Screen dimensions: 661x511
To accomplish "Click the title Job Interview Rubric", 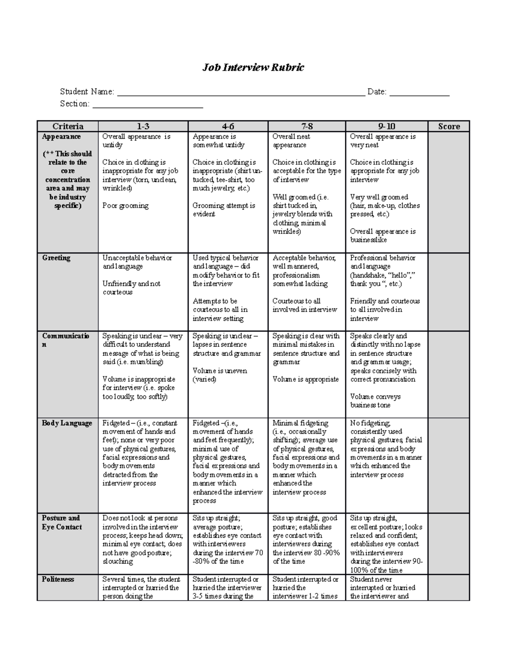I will (253, 67).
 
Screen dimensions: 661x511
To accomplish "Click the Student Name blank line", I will (241, 94).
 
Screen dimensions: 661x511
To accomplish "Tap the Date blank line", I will (419, 94).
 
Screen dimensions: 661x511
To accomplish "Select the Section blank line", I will (148, 106).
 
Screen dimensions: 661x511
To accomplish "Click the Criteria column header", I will (68, 126).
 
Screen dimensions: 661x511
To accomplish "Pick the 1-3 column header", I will (143, 126).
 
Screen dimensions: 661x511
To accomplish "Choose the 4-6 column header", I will (228, 126).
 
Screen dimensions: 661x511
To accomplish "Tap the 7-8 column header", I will (307, 126).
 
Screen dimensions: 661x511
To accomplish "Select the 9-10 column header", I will (387, 126).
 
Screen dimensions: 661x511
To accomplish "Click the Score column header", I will (449, 126).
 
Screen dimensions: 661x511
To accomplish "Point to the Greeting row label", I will (56, 258).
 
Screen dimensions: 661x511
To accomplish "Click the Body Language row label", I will (67, 423).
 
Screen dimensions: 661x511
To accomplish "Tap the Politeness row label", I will (58, 579).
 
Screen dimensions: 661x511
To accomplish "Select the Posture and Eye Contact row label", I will (62, 523).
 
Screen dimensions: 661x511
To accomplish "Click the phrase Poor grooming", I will (126, 206).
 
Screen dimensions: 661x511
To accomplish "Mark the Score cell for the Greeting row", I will (449, 292).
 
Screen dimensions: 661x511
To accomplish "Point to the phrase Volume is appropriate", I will (306, 379).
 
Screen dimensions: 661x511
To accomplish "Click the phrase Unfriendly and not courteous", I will (132, 288).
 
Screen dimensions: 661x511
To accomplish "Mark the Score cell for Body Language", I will (449, 466).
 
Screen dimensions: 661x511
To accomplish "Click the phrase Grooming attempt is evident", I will (224, 210).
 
